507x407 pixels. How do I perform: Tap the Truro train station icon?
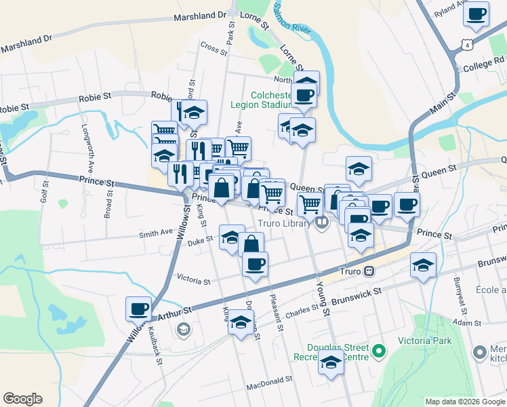click(x=369, y=270)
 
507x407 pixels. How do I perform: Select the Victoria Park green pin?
click(x=379, y=351)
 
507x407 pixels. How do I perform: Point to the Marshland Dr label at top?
click(x=200, y=15)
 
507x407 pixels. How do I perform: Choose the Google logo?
click(x=22, y=399)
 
